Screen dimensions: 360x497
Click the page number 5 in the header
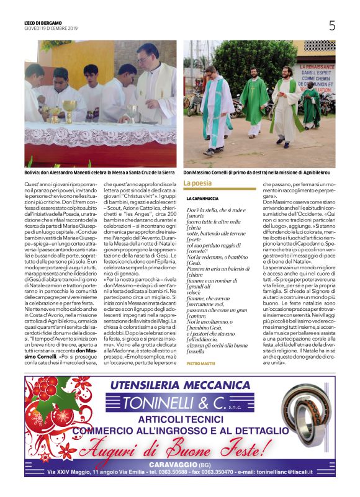point(332,25)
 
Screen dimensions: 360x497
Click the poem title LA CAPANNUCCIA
point(204,199)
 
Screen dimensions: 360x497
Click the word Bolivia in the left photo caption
point(32,173)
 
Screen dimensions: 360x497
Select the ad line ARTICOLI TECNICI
point(179,420)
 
